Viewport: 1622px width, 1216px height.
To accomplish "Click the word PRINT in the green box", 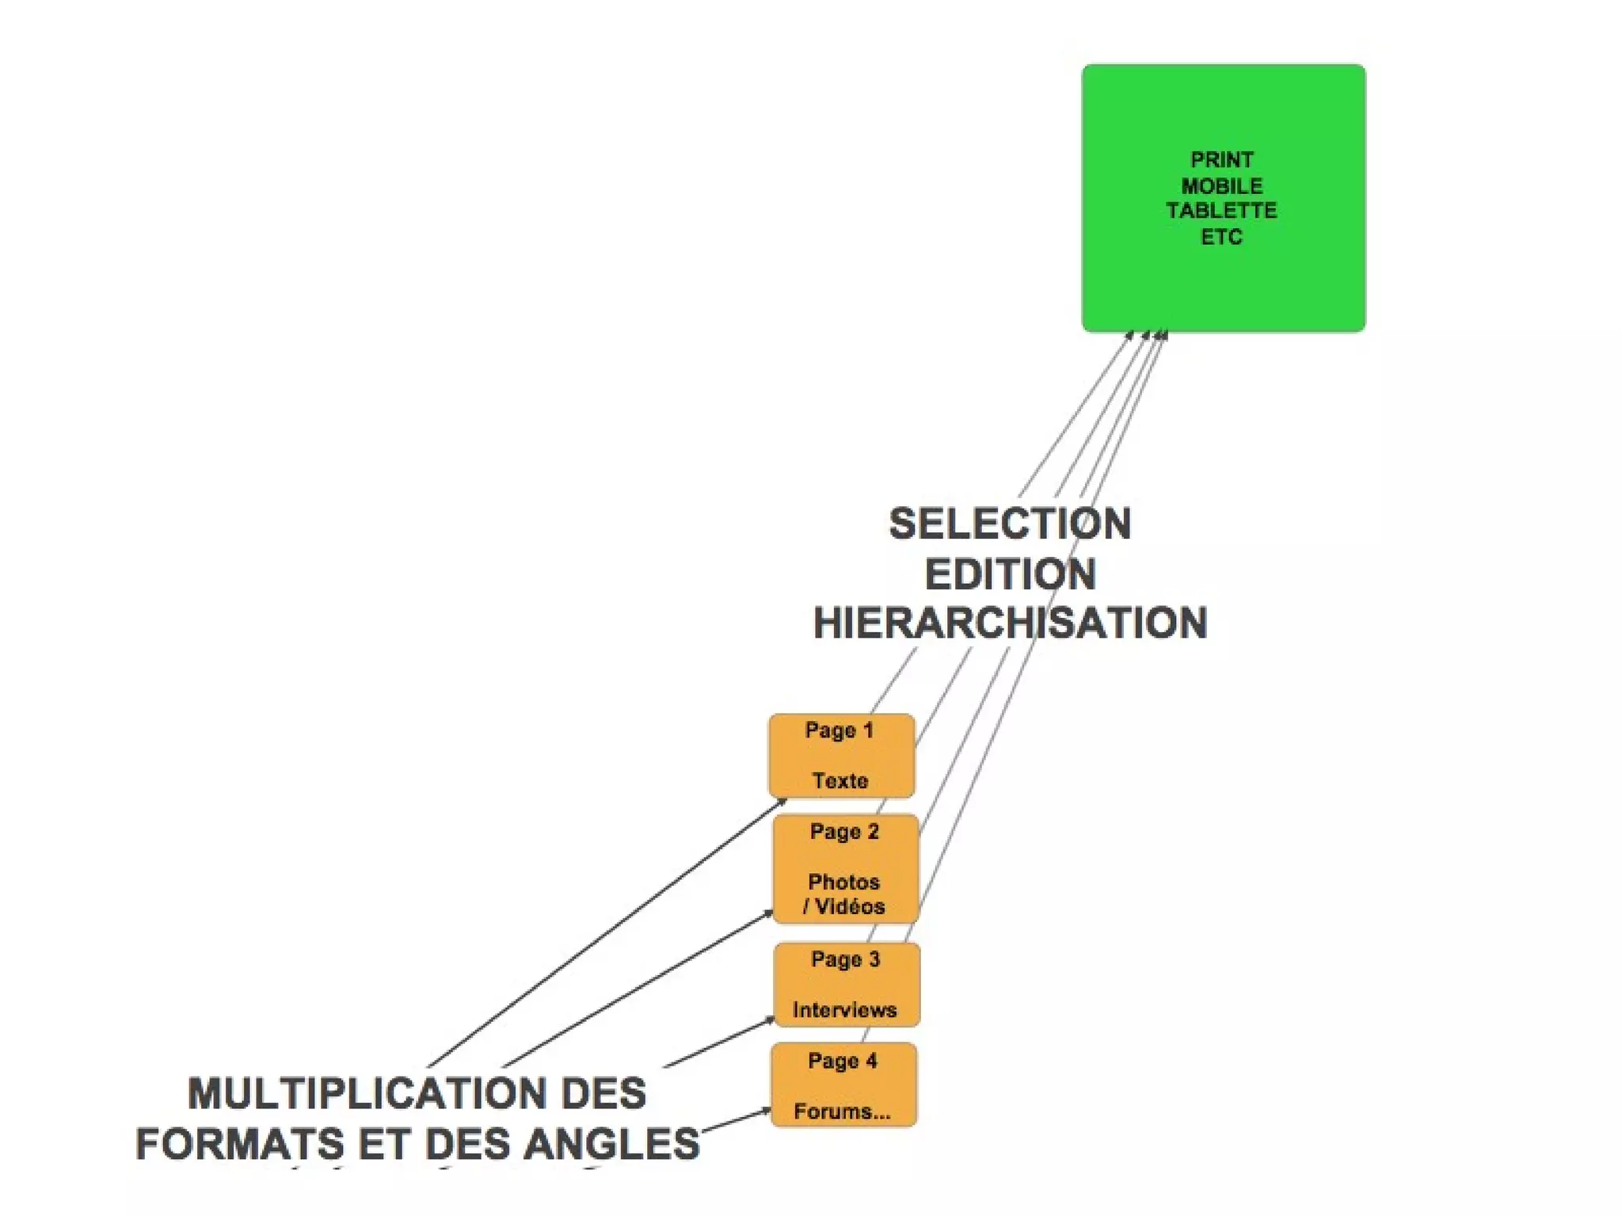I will pos(1221,160).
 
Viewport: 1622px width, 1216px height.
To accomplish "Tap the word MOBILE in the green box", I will pos(1221,186).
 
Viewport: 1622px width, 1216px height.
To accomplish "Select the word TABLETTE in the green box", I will pos(1221,211).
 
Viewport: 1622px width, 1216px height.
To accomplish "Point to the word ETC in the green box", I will pos(1221,237).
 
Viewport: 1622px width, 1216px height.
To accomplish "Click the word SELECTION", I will pos(1010,524).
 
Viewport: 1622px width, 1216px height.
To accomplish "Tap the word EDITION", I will pos(1010,574).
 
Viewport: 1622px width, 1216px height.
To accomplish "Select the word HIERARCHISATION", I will pos(1010,623).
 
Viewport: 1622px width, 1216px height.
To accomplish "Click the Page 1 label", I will pos(839,730).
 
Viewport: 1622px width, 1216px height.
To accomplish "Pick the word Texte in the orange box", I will pos(840,781).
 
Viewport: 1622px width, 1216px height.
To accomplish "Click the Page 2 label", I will pos(844,832).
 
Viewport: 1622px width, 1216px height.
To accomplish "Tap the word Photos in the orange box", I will pos(843,882).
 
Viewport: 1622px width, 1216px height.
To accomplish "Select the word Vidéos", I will pos(850,906).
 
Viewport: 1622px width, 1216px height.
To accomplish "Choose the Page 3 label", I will pos(845,959).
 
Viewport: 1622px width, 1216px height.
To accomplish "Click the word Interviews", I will pos(844,1010).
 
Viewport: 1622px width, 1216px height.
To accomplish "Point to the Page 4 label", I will pos(843,1061).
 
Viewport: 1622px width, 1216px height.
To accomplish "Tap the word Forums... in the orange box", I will pos(842,1111).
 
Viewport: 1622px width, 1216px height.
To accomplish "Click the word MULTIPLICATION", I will pos(373,1094).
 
